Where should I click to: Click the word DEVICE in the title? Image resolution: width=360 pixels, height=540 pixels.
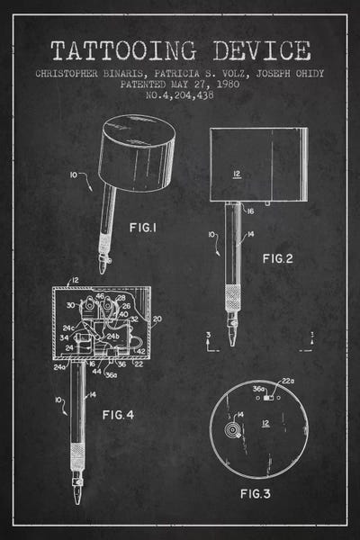(x=257, y=50)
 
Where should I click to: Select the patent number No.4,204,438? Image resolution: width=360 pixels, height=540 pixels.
(x=180, y=93)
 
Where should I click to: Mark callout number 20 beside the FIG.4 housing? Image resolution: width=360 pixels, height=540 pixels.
(x=158, y=319)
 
